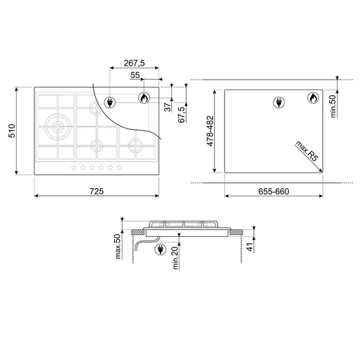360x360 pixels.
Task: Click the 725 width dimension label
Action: tap(96, 192)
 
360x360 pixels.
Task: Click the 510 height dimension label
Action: tap(12, 131)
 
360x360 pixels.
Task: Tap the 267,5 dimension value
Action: tap(134, 63)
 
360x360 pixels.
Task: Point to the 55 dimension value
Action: tap(135, 75)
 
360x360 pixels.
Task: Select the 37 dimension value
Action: tap(168, 108)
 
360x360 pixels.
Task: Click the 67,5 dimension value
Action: tap(181, 114)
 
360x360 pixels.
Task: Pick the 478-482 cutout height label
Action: tap(210, 131)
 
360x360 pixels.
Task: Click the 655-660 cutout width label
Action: tap(273, 192)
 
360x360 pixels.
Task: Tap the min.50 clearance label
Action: tap(333, 106)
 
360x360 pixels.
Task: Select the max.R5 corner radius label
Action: tap(307, 151)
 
